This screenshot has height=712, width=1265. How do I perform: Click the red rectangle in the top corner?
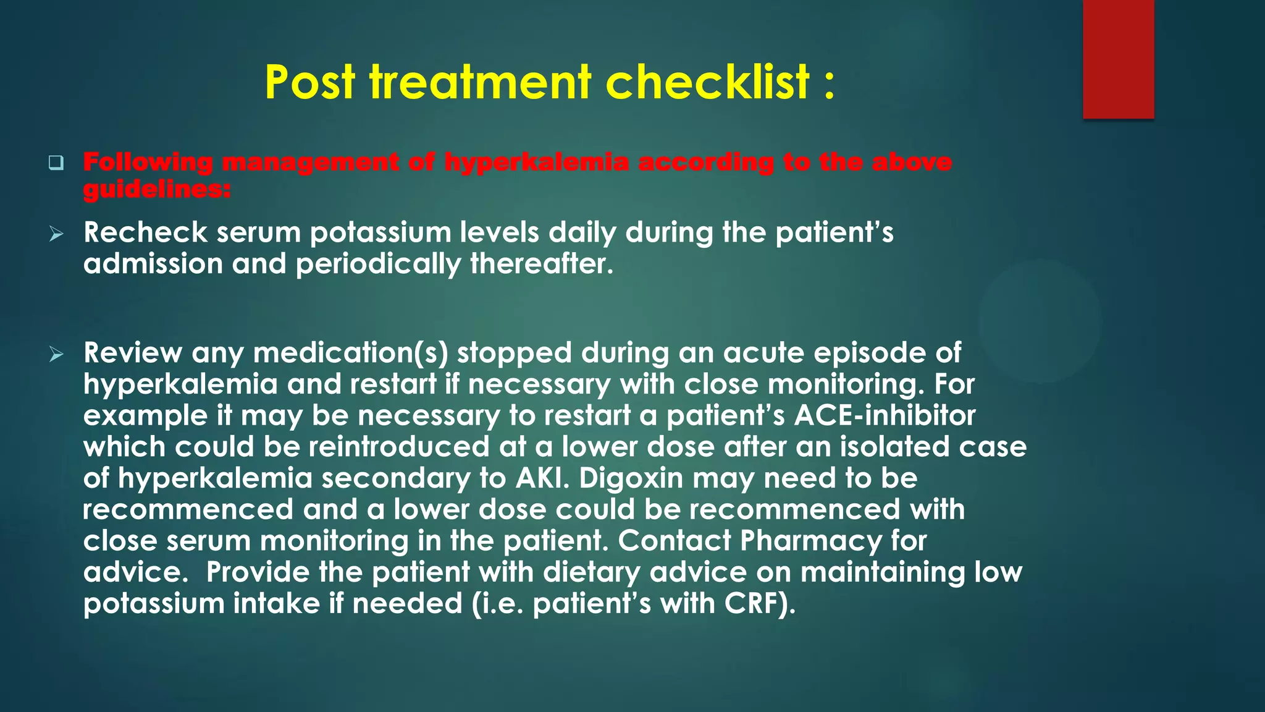coord(1118,59)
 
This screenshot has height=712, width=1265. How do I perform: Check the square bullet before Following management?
coord(56,163)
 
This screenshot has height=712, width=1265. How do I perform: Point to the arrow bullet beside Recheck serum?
coord(56,234)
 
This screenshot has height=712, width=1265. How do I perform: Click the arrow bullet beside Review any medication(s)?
coord(56,354)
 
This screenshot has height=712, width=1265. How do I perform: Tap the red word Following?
coord(148,162)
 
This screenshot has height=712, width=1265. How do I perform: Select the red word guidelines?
coord(157,189)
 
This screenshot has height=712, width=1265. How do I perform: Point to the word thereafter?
coord(542,265)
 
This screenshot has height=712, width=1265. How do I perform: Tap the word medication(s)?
coord(350,353)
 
